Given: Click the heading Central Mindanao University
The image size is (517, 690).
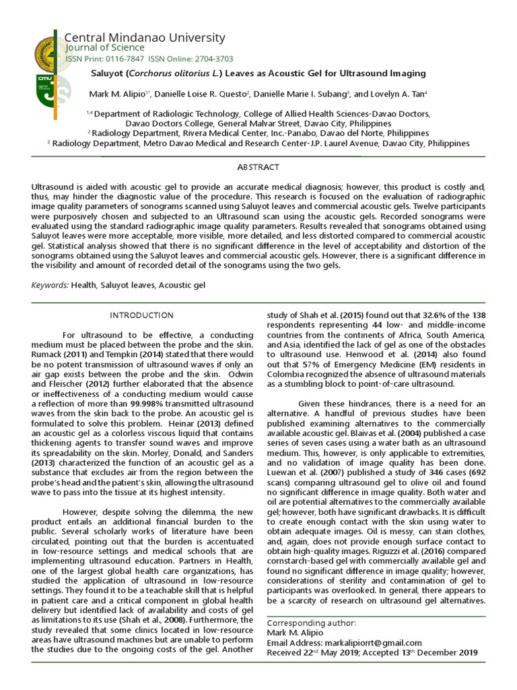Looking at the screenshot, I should click(x=145, y=37).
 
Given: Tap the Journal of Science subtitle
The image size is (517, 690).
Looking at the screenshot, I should click(x=104, y=48).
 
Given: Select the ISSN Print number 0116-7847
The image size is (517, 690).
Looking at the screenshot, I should click(x=131, y=59).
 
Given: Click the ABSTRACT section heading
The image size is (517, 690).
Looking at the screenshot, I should click(x=258, y=166).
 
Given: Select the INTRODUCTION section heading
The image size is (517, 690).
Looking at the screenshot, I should click(x=141, y=315).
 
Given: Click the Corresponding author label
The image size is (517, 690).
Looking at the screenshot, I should click(x=312, y=623).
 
